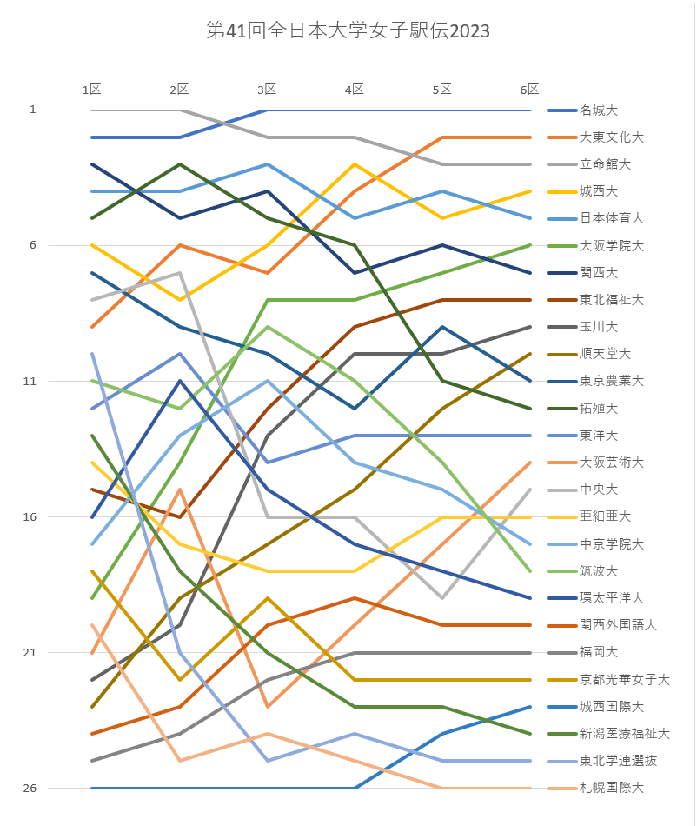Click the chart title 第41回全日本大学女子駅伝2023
(x=348, y=31)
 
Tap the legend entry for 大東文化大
(x=611, y=137)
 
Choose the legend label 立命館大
(x=605, y=164)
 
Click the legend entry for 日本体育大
(x=611, y=218)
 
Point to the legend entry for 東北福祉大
(x=611, y=300)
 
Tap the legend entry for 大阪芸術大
(x=611, y=463)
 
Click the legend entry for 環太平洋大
(x=611, y=598)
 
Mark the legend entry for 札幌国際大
(x=611, y=788)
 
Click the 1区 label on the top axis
(x=92, y=90)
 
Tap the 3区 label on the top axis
(x=267, y=90)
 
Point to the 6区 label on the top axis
(x=529, y=90)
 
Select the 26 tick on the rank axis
(x=30, y=789)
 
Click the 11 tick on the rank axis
(x=30, y=381)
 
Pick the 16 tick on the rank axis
(x=30, y=517)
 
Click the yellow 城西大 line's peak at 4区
(x=355, y=164)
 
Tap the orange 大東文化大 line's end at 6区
(x=530, y=137)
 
